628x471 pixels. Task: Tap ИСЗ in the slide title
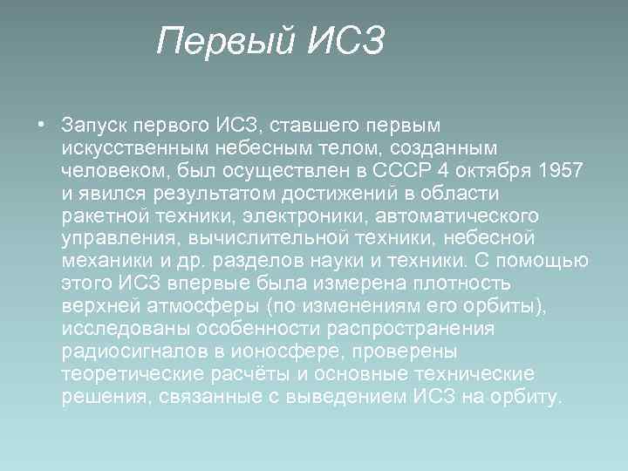tap(345, 41)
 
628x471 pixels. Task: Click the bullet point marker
tap(41, 123)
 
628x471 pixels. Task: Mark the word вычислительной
tap(271, 237)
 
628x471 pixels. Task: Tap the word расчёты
tap(230, 374)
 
